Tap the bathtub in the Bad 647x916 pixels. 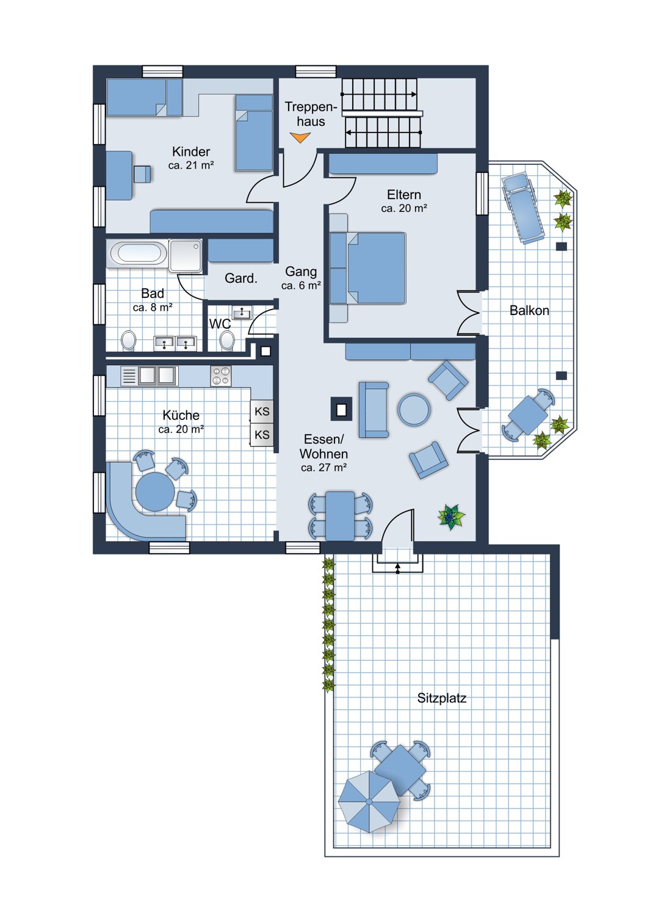coord(137,253)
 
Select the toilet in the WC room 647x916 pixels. coord(227,340)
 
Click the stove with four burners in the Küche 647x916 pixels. coord(221,376)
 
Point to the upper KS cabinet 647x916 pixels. coord(262,411)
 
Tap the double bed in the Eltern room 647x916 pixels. coord(367,268)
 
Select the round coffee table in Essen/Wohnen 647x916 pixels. coord(414,409)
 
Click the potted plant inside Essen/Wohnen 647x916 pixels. coord(451,517)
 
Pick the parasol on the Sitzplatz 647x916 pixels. coord(369,801)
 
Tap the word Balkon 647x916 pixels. coord(529,310)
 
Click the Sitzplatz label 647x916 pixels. coord(441,697)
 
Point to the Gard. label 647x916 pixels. coord(240,278)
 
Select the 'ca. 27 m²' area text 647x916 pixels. coord(323,467)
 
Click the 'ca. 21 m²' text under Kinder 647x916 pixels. coord(191,165)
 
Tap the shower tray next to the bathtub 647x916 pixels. coord(185,256)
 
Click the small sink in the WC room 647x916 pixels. coord(242,313)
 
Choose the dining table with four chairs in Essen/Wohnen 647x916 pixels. coord(340,516)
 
